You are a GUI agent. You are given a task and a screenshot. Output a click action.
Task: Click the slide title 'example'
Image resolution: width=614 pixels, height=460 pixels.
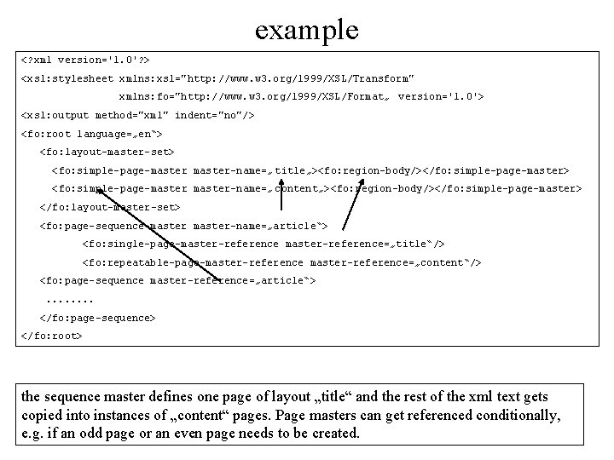click(x=307, y=29)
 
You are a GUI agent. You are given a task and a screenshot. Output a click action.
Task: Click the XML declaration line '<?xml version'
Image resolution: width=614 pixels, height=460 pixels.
click(x=85, y=60)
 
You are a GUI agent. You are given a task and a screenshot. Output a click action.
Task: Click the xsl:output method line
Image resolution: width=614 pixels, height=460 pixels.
click(x=136, y=115)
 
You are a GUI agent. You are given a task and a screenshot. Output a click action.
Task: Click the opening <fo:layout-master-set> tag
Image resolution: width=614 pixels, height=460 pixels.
click(x=107, y=152)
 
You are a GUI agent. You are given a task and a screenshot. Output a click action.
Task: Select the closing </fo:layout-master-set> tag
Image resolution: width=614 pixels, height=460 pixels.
click(x=110, y=207)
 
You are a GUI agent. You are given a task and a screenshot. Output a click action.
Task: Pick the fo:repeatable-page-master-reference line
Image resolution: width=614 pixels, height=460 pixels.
click(x=281, y=262)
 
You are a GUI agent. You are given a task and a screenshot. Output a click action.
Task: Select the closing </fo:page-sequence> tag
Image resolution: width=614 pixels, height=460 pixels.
click(x=98, y=318)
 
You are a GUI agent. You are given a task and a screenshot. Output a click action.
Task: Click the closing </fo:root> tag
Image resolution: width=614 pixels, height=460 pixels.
click(x=51, y=336)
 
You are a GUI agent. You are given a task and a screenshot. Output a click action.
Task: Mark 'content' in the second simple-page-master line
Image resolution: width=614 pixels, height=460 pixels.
click(x=296, y=188)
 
